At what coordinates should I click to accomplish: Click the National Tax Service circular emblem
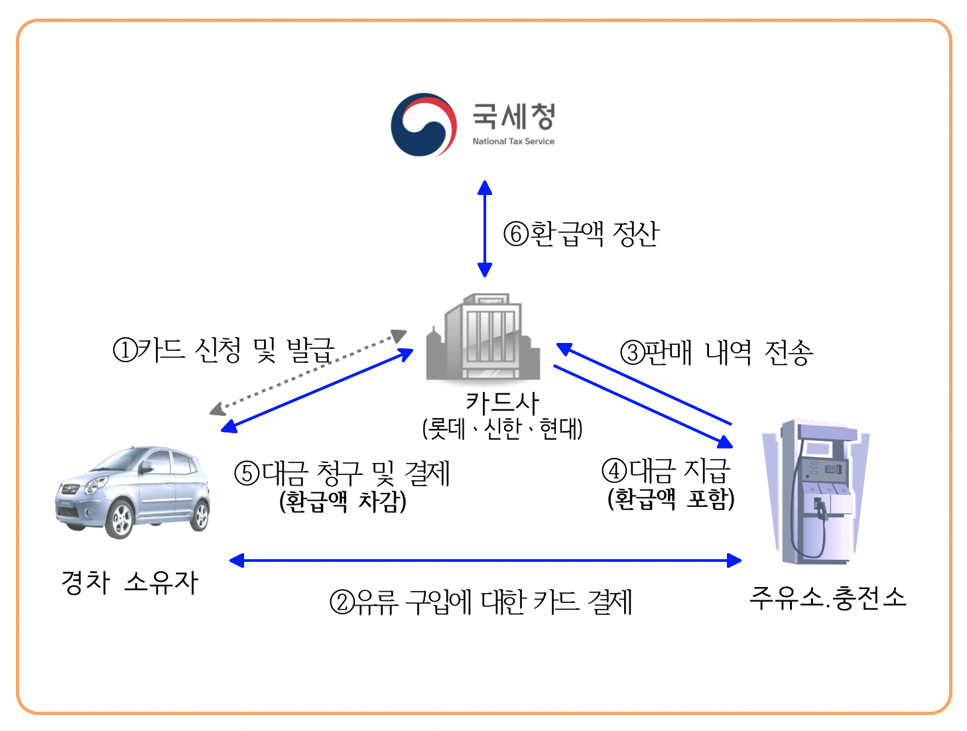coord(423,125)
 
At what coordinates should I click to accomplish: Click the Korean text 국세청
coord(513,117)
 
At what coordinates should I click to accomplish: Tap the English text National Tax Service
coord(513,141)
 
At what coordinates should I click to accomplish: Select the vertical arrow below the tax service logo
coord(485,228)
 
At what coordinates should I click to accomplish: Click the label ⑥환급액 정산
coord(581,233)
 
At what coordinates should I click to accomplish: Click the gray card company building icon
coord(483,338)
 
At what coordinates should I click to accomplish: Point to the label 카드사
coord(502,402)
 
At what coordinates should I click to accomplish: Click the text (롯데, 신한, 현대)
coord(502,429)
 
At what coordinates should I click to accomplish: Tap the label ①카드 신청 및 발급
coord(224,350)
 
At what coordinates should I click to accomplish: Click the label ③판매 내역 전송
coord(716,352)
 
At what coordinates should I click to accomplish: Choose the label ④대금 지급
coord(666,470)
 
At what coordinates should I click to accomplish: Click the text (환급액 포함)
coord(671,499)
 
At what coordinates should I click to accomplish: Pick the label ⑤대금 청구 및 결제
coord(342,473)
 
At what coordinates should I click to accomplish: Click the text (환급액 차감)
coord(343,501)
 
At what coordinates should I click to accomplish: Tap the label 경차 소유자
coord(130,582)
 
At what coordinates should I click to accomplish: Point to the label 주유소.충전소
coord(827,598)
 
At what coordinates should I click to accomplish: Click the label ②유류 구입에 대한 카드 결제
coord(481,602)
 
